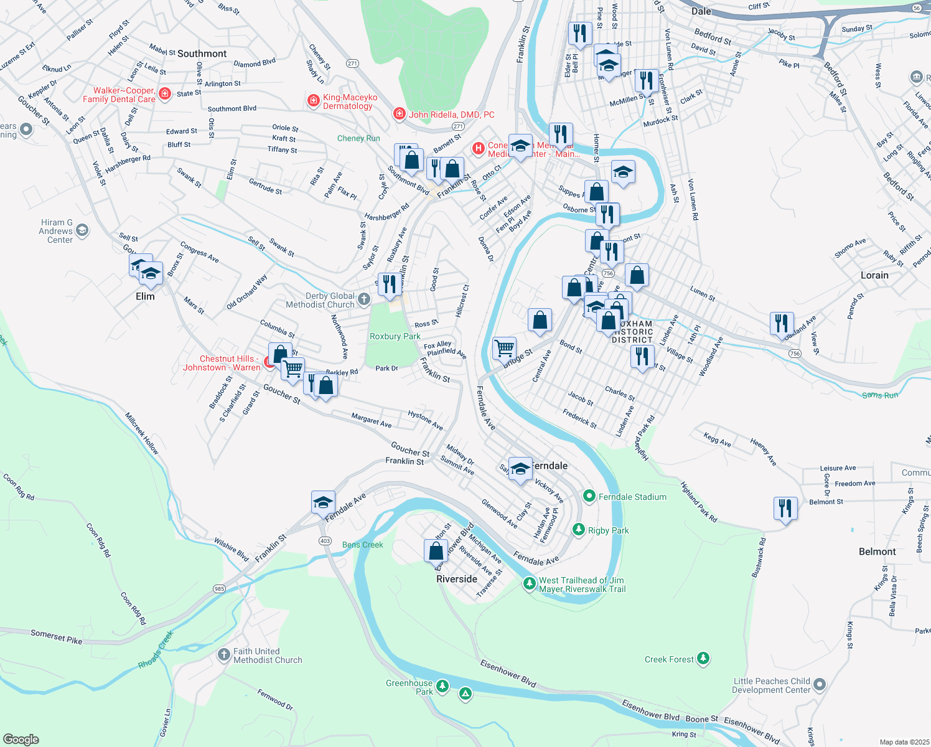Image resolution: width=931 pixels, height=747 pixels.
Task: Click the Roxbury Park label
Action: coord(395,336)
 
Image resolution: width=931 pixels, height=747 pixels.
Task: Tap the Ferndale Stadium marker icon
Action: coord(589,496)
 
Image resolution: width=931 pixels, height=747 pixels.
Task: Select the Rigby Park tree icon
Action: coord(579,530)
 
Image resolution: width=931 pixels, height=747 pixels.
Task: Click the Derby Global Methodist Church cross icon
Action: coord(364,300)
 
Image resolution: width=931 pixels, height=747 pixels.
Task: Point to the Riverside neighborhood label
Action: coord(457,579)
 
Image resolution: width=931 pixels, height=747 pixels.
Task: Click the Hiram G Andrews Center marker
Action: coord(82,231)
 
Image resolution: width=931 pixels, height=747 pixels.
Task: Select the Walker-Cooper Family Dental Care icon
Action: coord(165,94)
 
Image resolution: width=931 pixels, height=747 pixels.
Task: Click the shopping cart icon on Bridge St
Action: coord(504,347)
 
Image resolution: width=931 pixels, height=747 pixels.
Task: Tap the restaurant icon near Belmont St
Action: coord(785,508)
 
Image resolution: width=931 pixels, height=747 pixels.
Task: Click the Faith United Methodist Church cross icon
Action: coord(224,655)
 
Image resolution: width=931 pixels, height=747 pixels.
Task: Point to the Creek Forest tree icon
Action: coord(703,659)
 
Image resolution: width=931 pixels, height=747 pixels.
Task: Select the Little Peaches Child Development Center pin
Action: coord(820,685)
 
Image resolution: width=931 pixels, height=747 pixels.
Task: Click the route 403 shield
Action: coord(325,541)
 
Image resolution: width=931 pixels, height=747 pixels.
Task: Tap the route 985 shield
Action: coord(219,588)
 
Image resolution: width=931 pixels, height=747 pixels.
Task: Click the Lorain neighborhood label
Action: coord(874,275)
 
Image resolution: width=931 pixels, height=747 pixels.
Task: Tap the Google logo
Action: coord(21,739)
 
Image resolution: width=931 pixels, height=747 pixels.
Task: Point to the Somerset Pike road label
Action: coord(56,636)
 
